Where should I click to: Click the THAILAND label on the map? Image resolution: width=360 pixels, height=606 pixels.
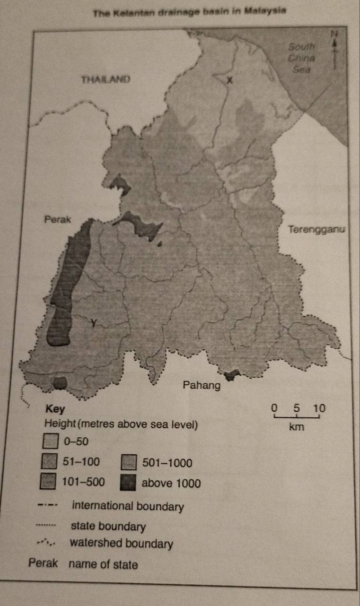tap(105, 79)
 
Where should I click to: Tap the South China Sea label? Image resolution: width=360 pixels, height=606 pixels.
tap(302, 58)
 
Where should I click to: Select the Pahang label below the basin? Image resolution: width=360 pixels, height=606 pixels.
tap(202, 386)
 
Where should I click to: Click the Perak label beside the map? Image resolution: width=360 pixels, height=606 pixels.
tap(57, 220)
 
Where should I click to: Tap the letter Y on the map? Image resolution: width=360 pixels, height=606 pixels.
tap(94, 323)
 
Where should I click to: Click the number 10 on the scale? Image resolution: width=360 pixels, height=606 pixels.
tap(320, 407)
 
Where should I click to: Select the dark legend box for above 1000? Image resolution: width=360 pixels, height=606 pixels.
tap(128, 483)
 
